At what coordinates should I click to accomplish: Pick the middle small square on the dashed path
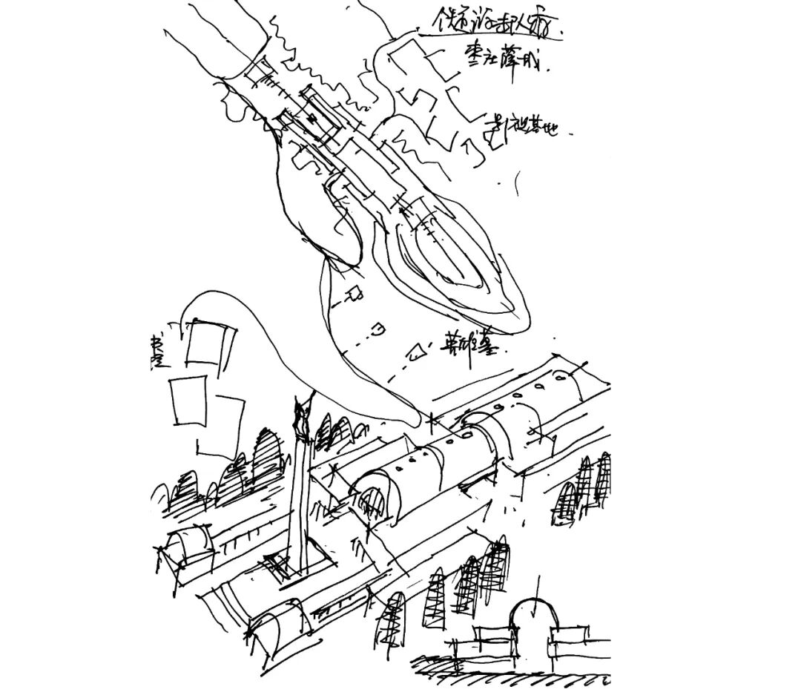click(379, 326)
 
